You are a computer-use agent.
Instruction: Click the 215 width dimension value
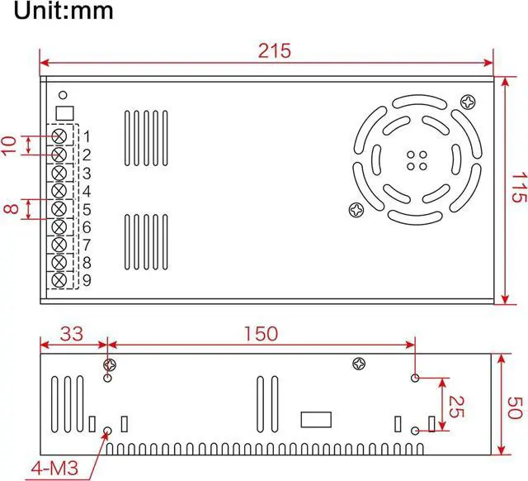274,51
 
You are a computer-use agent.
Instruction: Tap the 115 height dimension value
519,188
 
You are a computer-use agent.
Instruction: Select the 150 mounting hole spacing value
261,334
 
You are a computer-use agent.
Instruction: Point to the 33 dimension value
72,334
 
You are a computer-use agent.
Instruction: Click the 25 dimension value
456,407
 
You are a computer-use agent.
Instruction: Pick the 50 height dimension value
515,407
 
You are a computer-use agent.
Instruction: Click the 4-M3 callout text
54,468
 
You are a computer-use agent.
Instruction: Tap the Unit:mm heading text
64,10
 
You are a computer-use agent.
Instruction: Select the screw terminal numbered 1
59,136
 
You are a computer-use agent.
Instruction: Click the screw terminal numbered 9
59,280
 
